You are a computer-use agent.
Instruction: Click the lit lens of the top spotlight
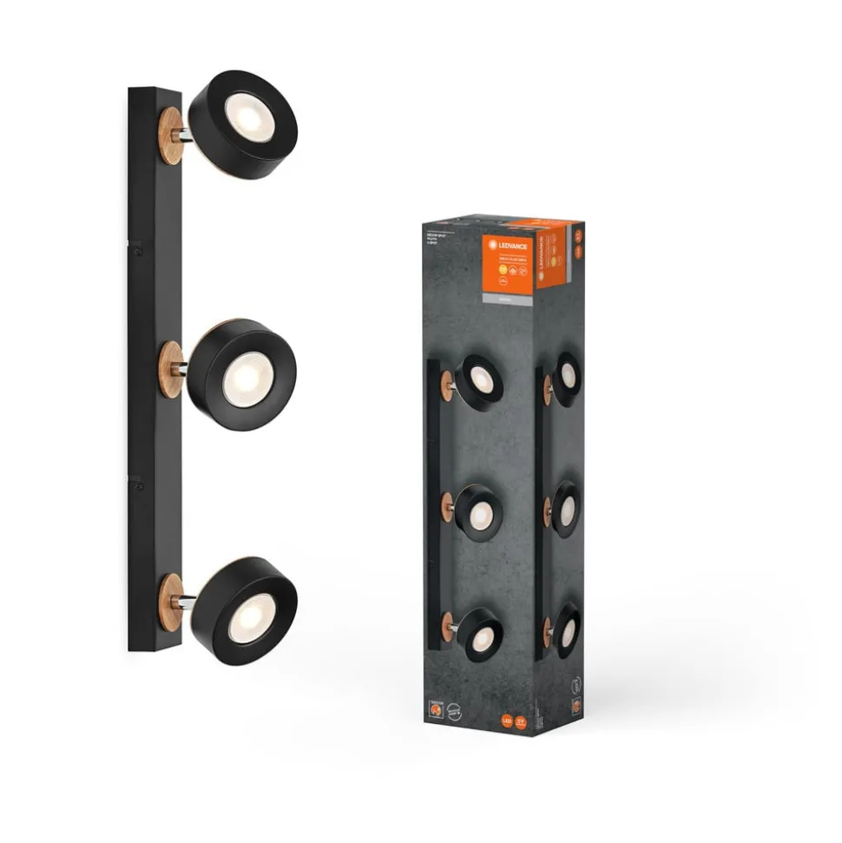(240, 112)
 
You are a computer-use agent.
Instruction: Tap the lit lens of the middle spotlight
(240, 379)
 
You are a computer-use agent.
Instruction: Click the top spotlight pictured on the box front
(478, 379)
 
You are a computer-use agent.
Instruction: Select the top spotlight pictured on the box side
(567, 376)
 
